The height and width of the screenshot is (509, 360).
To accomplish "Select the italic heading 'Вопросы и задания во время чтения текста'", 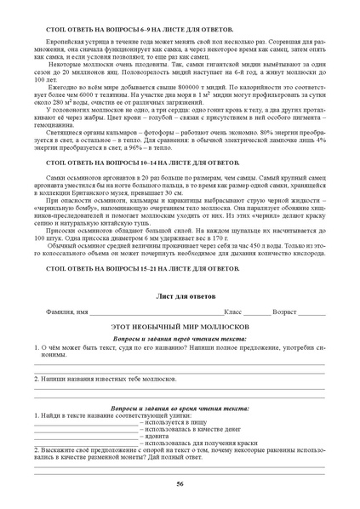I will [x=180, y=407].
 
